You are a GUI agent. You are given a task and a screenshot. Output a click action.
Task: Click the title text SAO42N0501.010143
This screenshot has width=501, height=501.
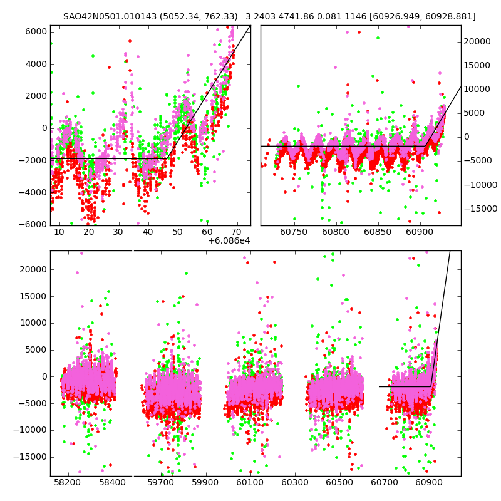pos(106,16)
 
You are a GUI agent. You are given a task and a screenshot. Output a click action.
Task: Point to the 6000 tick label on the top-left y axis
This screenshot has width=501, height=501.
pos(35,31)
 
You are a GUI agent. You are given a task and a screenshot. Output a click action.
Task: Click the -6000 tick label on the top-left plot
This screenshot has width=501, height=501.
pos(33,224)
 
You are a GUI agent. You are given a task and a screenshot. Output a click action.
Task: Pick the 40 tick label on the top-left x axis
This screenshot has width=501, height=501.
pos(148,232)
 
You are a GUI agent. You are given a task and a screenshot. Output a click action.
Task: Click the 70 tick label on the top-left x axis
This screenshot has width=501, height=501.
pos(236,232)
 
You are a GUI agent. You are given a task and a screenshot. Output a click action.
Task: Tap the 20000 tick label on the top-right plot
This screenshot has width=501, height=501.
pos(477,41)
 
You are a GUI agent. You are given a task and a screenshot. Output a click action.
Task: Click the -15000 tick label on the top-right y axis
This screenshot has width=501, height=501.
pos(478,209)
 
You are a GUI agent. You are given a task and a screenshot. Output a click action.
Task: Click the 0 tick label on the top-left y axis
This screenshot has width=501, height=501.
pos(44,128)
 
